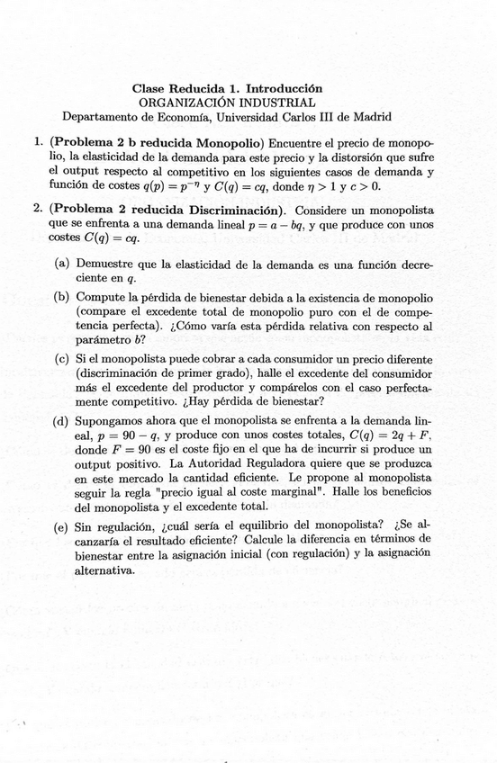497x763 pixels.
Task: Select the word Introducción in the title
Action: [284, 89]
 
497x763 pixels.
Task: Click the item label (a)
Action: [62, 264]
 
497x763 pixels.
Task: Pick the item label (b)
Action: [63, 298]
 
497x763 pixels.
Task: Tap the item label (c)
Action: [62, 358]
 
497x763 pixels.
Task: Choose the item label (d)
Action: [63, 420]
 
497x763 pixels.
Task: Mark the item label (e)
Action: [62, 525]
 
